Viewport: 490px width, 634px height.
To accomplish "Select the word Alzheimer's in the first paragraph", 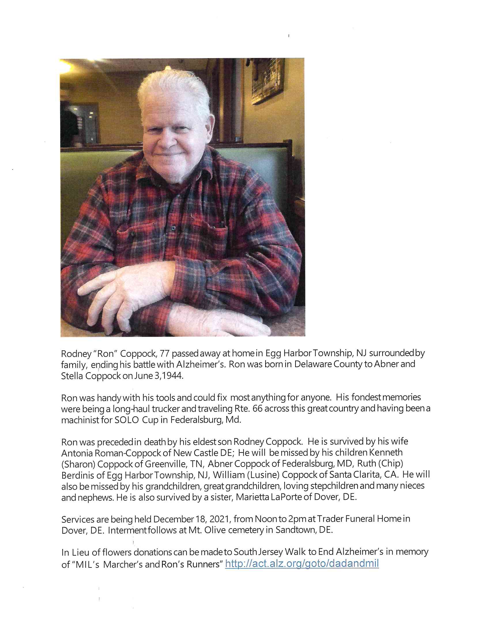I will [201, 364].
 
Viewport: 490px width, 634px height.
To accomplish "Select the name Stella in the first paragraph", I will [71, 376].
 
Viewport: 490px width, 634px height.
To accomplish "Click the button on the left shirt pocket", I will [133, 234].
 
